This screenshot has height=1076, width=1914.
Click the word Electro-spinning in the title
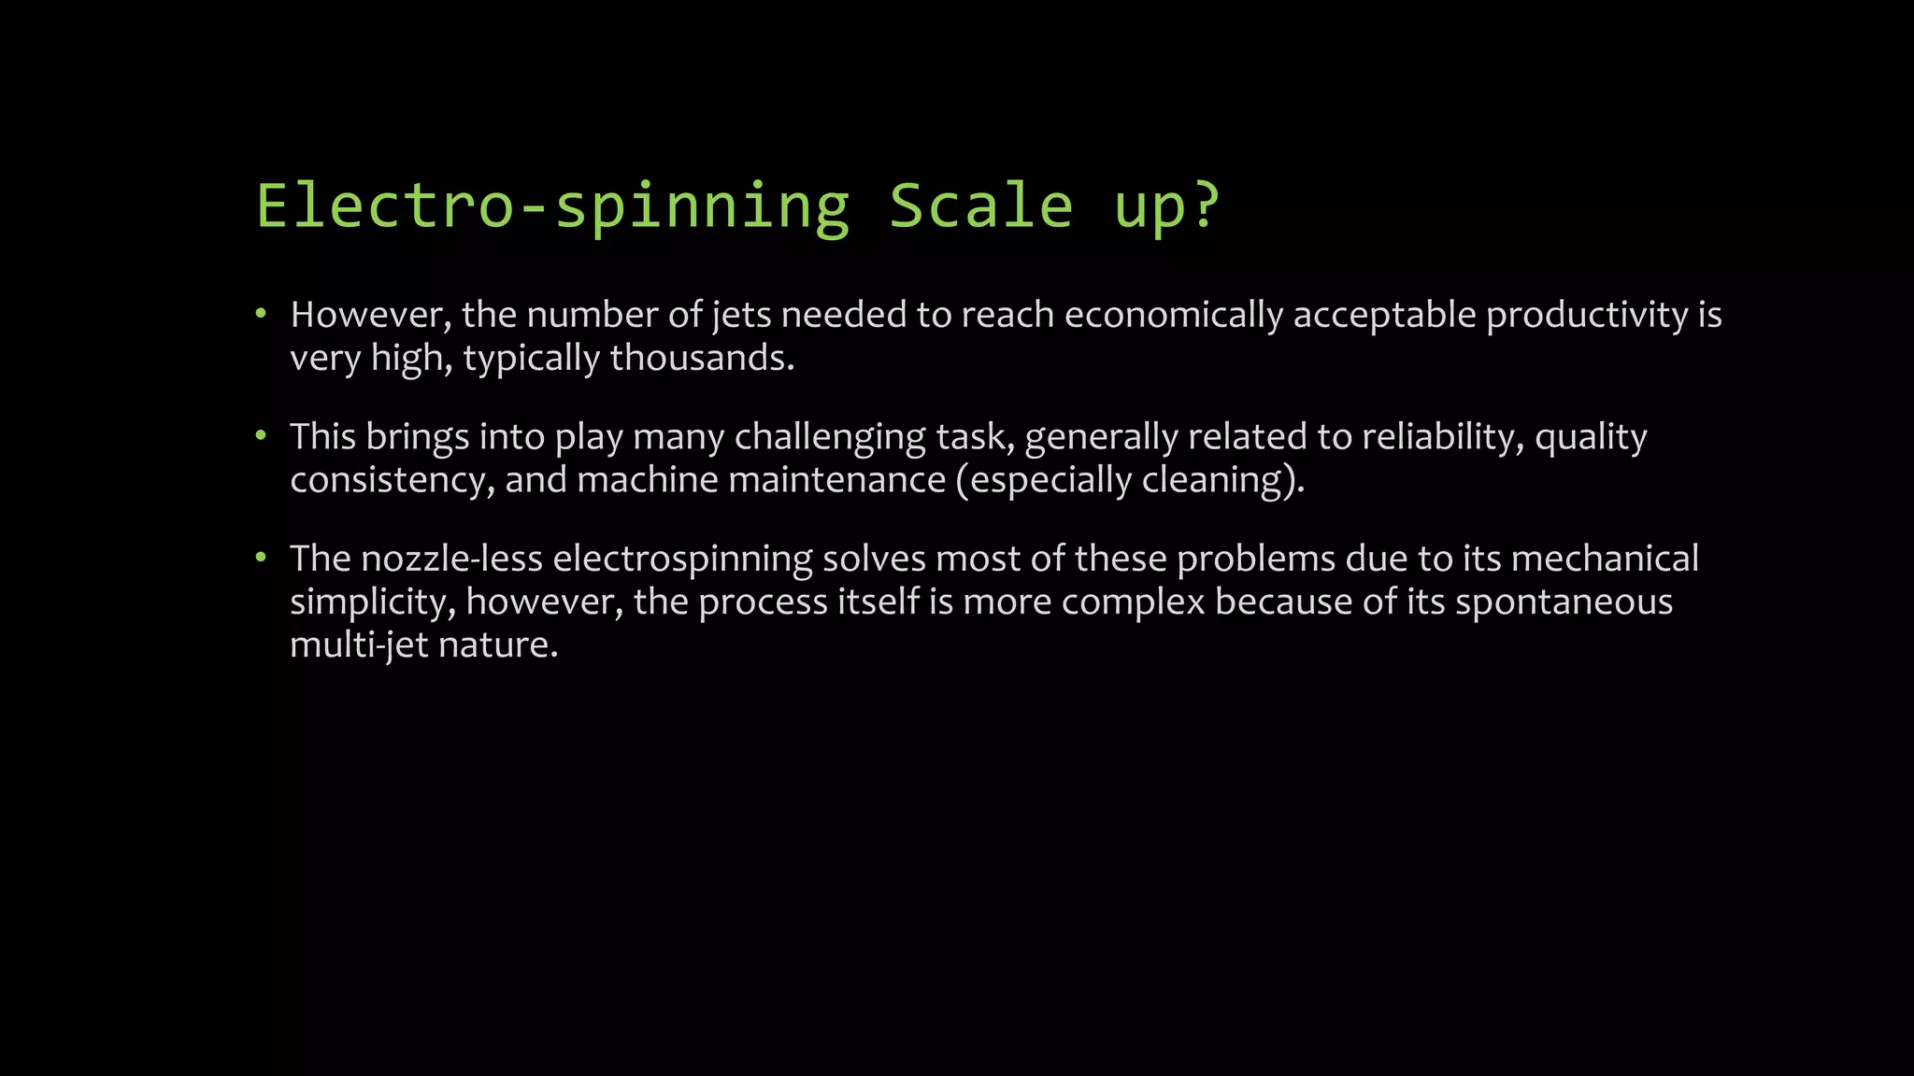(553, 206)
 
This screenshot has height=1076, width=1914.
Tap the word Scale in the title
(980, 206)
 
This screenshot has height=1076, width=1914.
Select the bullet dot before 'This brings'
(262, 435)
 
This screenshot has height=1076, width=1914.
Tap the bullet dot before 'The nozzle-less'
(262, 558)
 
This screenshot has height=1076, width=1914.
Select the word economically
(1174, 316)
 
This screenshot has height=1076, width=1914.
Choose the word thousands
(702, 359)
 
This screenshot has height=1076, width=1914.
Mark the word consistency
(392, 481)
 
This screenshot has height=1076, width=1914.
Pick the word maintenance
(837, 480)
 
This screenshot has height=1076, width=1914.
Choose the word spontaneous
(1564, 602)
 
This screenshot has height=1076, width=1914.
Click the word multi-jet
(359, 645)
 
